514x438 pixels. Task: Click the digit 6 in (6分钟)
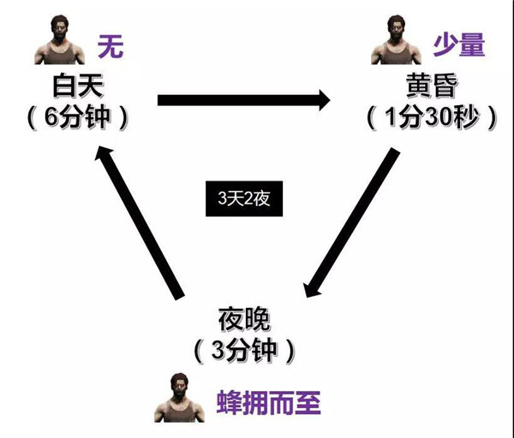51,115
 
